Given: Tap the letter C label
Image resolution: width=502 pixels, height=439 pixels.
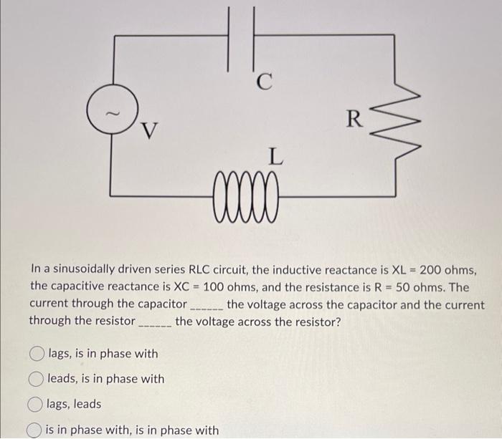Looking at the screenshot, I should pos(265,83).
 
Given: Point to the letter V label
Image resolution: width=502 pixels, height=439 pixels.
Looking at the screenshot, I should pos(149,130).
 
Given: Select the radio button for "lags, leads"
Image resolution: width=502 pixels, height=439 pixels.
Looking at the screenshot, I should pos(36,405).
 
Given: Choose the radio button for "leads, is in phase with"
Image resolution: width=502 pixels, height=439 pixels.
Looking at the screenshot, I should pos(36,379).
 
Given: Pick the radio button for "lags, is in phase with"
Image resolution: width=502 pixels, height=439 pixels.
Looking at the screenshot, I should pos(36,354).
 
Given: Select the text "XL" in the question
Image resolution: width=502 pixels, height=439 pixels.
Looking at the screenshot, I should pos(399,270).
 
